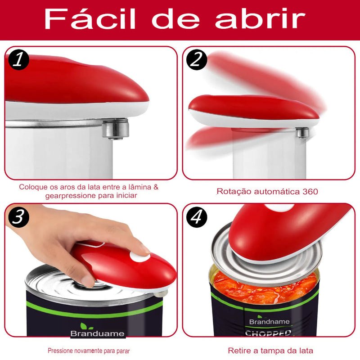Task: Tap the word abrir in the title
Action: [x=260, y=19]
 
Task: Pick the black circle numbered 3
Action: [x=18, y=217]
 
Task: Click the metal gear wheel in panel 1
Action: [x=115, y=129]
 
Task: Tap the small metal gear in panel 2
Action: [x=302, y=133]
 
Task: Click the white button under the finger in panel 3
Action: [x=139, y=256]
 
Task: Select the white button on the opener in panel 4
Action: [x=273, y=207]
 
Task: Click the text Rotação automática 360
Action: [x=267, y=191]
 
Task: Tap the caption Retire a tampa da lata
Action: [x=270, y=351]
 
